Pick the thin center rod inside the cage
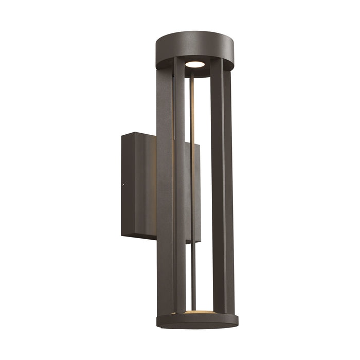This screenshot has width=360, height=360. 193,206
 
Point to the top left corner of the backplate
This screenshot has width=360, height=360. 122,135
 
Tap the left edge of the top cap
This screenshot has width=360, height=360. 156,51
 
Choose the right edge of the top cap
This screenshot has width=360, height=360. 233,51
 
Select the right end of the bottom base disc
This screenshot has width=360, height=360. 238,320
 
